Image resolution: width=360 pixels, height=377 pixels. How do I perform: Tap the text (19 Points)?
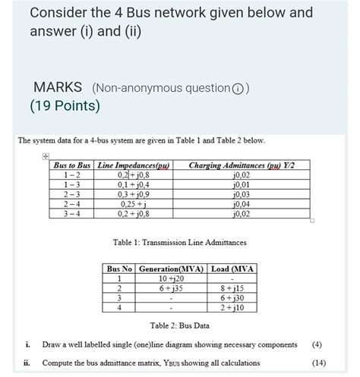pos(65,105)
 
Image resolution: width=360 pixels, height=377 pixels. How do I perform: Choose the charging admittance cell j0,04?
pos(242,204)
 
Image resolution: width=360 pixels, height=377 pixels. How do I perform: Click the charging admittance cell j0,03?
pos(242,194)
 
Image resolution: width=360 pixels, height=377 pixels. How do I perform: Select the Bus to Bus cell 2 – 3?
pos(73,194)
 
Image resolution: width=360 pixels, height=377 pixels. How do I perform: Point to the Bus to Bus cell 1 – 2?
pos(73,174)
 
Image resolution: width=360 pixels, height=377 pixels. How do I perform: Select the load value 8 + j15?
pos(232,288)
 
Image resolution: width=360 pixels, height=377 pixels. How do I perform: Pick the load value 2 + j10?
pos(232,308)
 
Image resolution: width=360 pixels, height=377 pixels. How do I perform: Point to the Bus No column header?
pos(119,269)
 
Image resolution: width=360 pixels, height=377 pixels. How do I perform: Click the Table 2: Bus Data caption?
pos(179,326)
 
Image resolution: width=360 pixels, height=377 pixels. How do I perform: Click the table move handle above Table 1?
pos(45,156)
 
